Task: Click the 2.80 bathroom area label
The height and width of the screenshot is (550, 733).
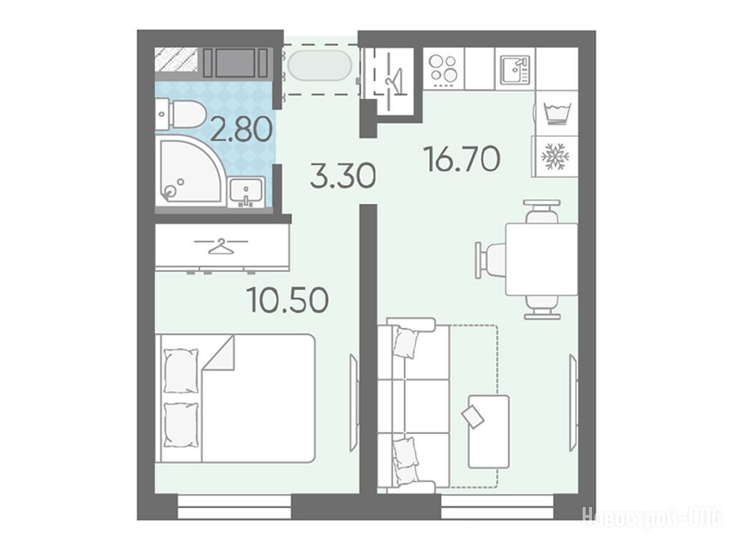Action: pos(241,129)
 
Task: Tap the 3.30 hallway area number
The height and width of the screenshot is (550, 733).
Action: pos(343,175)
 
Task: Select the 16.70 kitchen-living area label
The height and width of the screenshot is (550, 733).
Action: pos(462,158)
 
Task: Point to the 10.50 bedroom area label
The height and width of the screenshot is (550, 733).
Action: pos(288,300)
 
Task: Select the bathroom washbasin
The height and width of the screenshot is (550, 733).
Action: pos(246,192)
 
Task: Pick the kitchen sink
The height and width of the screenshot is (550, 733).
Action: pos(515,69)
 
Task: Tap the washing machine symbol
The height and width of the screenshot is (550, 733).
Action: pos(556,112)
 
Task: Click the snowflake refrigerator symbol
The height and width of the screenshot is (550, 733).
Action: pos(555,155)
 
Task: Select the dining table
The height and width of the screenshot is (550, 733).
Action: pos(542,259)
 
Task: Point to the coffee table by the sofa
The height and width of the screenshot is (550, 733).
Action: pos(488,430)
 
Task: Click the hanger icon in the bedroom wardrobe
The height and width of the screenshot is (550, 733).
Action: pos(220,246)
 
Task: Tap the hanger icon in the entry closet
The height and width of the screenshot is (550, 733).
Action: pos(394,80)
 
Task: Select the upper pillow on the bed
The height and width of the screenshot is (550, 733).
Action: pos(180,370)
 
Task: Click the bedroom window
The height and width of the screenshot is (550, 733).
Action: pos(235,507)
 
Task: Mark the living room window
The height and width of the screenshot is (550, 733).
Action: pos(497,507)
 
